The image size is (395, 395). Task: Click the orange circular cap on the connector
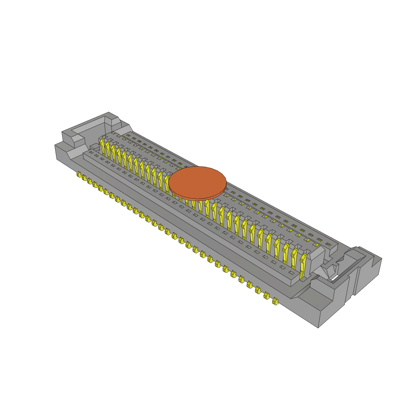197,181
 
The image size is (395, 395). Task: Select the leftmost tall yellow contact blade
102,147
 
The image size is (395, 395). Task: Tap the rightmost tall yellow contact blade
304,265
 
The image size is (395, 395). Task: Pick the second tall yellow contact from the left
108,150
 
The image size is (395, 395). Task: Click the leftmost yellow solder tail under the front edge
79,175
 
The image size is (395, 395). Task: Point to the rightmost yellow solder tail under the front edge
275,301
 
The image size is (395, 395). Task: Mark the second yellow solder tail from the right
266,296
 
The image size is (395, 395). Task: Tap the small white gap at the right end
335,277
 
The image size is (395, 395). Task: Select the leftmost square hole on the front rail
91,153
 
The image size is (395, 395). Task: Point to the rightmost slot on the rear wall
328,244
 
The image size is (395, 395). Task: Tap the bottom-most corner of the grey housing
318,327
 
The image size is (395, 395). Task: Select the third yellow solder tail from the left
90,181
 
